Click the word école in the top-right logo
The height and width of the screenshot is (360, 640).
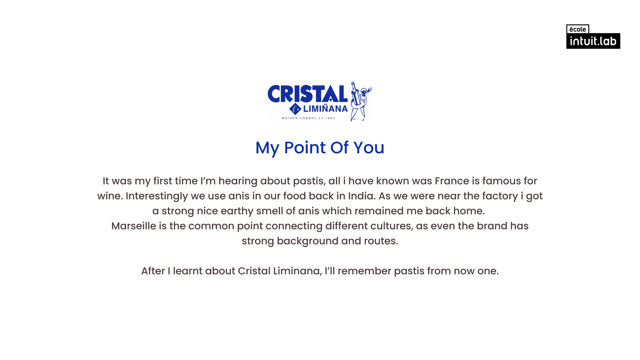(x=578, y=29)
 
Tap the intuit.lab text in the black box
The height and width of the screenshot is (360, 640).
(x=593, y=41)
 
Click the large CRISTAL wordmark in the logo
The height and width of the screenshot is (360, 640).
(x=308, y=94)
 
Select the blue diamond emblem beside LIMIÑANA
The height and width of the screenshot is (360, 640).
(x=295, y=109)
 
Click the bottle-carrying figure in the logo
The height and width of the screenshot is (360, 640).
(x=361, y=101)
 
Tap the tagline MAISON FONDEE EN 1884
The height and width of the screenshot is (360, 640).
(x=308, y=118)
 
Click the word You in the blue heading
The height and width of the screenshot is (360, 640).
(x=369, y=148)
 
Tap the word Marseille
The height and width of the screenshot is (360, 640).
(x=134, y=226)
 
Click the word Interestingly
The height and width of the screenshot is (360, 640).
(x=157, y=196)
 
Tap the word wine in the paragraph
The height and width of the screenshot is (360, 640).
(x=110, y=196)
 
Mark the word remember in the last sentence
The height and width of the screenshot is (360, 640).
(x=364, y=271)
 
